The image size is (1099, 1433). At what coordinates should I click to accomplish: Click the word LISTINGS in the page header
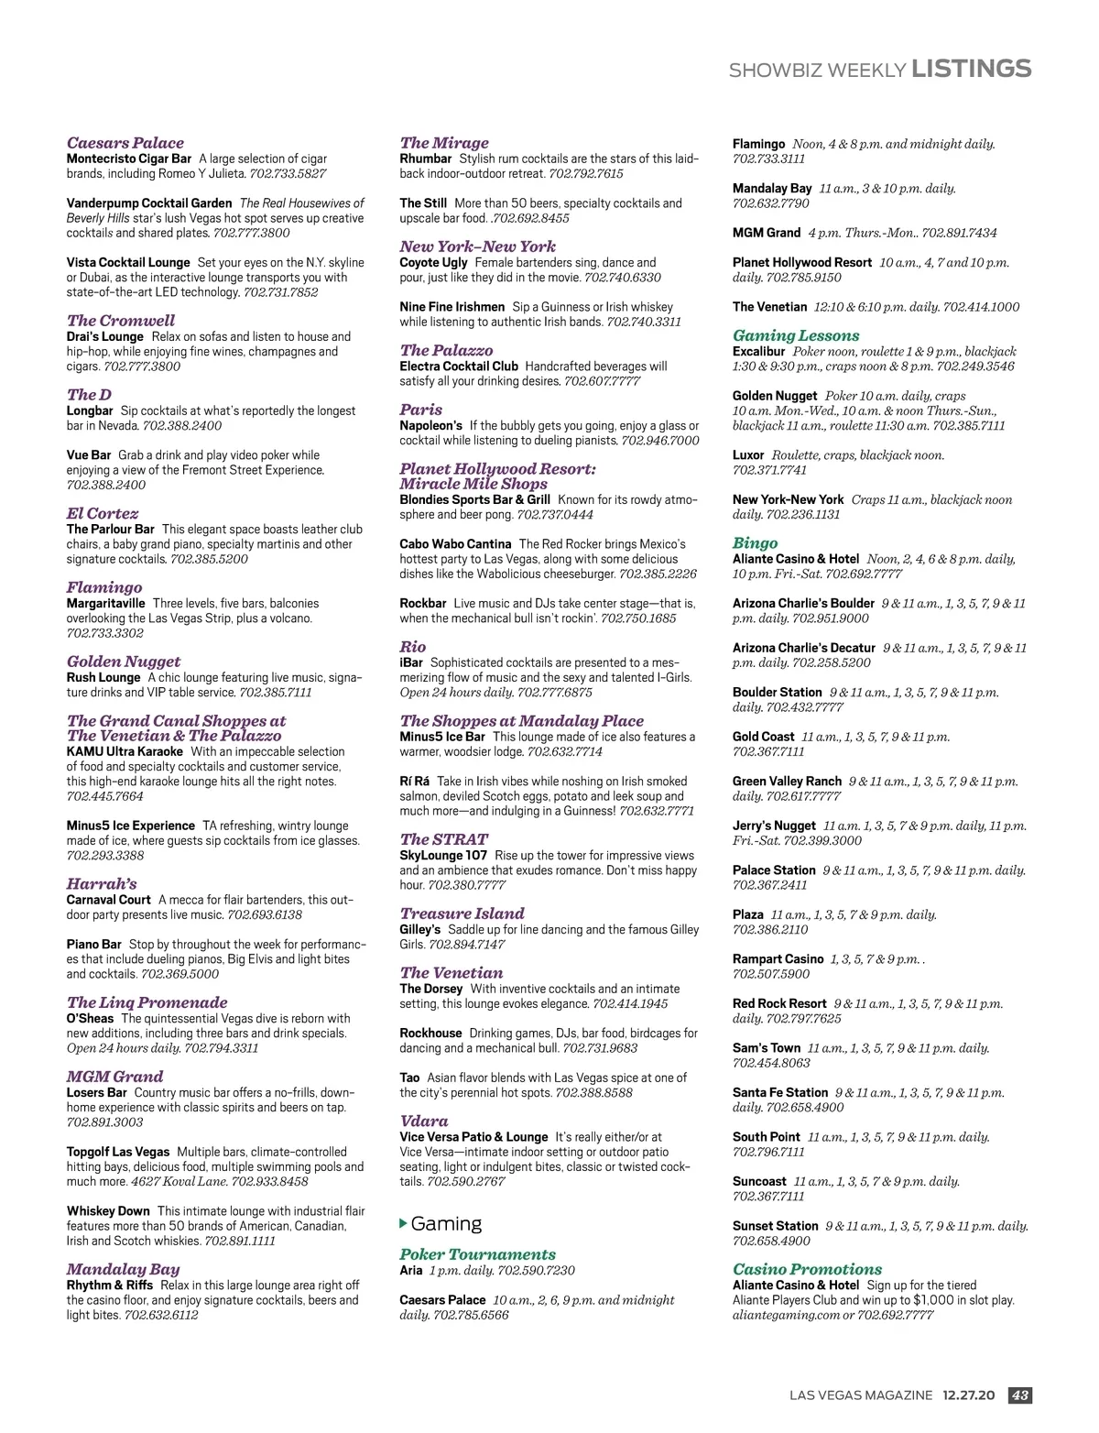click(x=972, y=70)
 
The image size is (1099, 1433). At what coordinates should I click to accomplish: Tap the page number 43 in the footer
click(x=1019, y=1395)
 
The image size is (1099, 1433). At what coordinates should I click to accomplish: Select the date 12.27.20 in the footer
click(x=969, y=1395)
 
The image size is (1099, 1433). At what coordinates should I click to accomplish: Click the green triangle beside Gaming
click(x=404, y=1223)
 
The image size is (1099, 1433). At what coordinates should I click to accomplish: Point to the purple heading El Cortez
click(x=103, y=513)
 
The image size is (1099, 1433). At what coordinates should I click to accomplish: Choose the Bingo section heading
click(x=755, y=542)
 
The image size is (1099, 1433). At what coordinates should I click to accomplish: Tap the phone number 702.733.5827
click(x=288, y=173)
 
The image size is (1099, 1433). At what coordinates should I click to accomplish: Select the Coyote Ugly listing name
click(x=433, y=262)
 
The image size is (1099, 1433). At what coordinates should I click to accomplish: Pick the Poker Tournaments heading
click(x=477, y=1254)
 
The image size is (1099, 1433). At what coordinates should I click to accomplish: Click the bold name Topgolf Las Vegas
click(x=118, y=1152)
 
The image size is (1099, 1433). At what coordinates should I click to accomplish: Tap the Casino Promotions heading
click(x=807, y=1269)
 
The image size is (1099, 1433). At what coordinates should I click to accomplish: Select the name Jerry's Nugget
click(x=774, y=826)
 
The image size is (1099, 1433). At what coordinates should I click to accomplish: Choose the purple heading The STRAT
click(x=443, y=839)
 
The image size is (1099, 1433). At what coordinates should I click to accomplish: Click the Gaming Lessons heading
click(x=796, y=335)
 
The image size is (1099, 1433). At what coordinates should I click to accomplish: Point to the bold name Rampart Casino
click(x=778, y=959)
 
